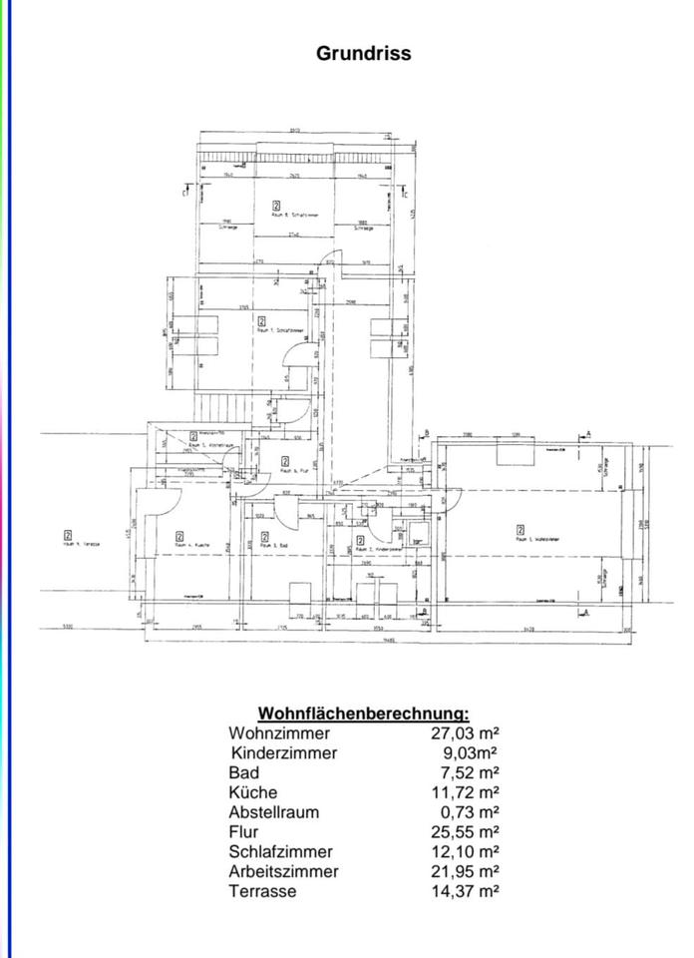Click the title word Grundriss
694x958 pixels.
tap(363, 53)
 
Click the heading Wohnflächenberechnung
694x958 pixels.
tap(363, 714)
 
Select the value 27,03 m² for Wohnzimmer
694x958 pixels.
tap(467, 733)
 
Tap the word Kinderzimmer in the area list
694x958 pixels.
tap(284, 753)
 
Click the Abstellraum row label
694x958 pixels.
tap(274, 812)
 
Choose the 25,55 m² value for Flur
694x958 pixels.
tap(467, 831)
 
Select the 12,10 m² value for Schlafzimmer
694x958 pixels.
tap(467, 851)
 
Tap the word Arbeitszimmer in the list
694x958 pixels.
tap(283, 871)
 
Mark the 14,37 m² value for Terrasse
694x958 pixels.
tap(467, 890)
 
